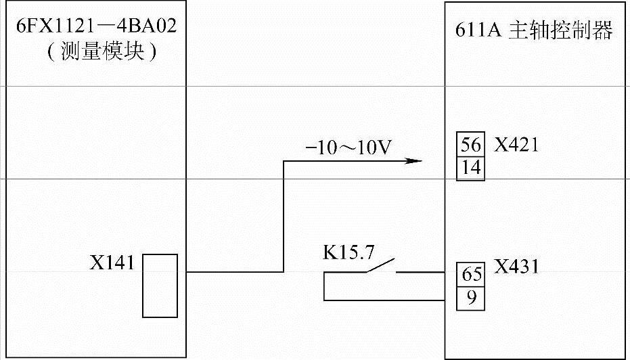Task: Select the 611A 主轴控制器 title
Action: [x=534, y=30]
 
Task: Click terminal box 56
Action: [x=471, y=145]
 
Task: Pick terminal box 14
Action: [x=471, y=167]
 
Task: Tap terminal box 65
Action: [x=471, y=275]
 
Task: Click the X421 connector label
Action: [x=516, y=145]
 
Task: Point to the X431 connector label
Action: [x=516, y=266]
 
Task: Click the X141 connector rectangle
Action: [x=160, y=285]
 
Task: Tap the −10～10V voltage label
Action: [x=348, y=148]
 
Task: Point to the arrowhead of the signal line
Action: [x=413, y=161]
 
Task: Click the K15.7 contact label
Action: [x=348, y=254]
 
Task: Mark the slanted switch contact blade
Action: [x=380, y=266]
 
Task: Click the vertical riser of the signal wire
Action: [x=284, y=217]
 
